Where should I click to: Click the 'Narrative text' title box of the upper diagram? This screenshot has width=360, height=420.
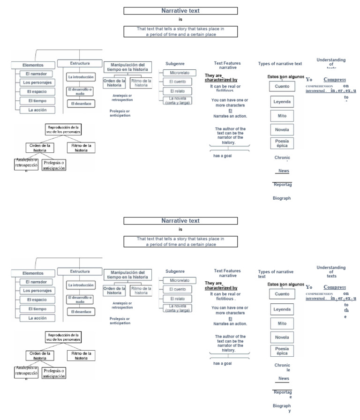click(x=180, y=11)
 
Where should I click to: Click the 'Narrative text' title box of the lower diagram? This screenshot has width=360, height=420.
click(x=180, y=221)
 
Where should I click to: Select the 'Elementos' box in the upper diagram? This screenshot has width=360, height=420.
click(x=33, y=65)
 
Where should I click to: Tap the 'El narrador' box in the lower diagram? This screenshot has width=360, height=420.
click(x=36, y=282)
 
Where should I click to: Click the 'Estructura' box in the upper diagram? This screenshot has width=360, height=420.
click(x=80, y=63)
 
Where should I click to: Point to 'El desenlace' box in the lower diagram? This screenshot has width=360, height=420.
click(x=82, y=312)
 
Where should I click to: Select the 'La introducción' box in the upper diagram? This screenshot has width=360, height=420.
click(x=81, y=76)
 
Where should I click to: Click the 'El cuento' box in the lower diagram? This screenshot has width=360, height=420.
click(x=177, y=289)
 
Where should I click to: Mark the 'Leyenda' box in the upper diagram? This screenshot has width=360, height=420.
click(x=282, y=101)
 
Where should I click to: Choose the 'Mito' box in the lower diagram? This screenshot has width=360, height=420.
click(x=282, y=323)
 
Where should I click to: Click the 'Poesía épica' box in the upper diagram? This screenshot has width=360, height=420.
click(x=282, y=143)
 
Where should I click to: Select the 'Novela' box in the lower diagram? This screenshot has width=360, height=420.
click(x=282, y=337)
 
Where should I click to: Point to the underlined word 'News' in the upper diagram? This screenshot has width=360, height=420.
click(x=284, y=171)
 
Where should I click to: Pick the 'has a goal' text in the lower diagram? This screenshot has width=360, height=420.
click(x=223, y=363)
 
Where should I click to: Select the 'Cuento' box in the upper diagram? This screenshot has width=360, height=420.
click(x=282, y=86)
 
